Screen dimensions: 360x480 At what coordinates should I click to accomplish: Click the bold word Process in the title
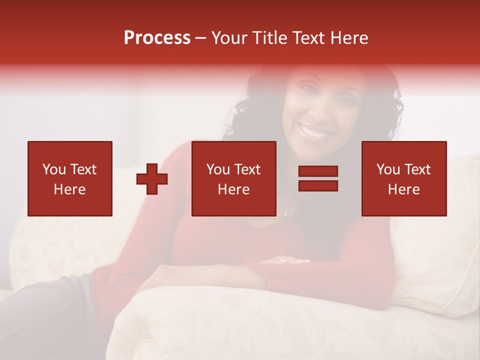(157, 38)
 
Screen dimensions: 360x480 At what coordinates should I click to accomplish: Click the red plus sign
(152, 179)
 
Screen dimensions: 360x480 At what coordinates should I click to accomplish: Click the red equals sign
(318, 178)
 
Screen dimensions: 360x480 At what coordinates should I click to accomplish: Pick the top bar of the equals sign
(318, 171)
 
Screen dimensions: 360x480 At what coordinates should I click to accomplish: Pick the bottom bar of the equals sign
(318, 185)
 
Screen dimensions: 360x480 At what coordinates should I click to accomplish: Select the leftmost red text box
(70, 178)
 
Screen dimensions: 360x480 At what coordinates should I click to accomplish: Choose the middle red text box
(234, 178)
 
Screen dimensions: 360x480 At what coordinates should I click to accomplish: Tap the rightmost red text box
(404, 178)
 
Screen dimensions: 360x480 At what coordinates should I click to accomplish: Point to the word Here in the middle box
(234, 189)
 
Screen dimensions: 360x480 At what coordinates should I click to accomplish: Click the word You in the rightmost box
(388, 169)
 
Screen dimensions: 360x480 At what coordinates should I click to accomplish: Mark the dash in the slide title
(200, 38)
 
